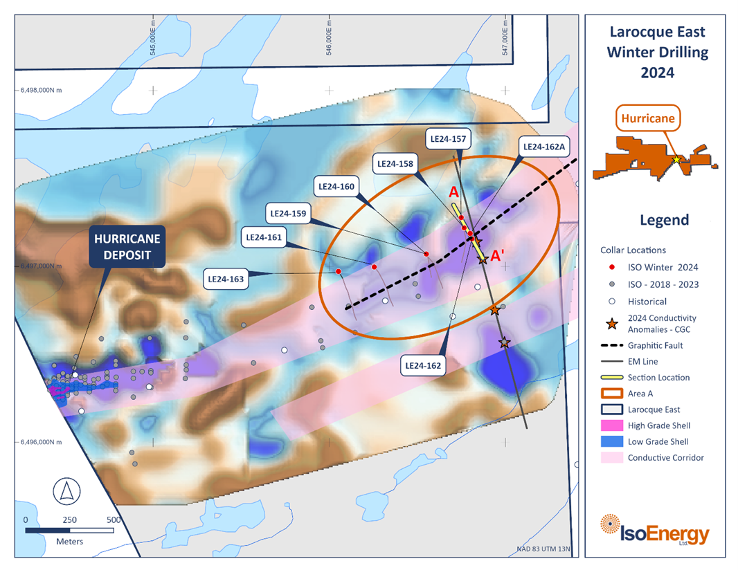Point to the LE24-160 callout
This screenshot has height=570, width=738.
[336, 186]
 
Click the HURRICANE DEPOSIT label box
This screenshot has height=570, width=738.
[127, 248]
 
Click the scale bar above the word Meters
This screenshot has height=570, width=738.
[70, 531]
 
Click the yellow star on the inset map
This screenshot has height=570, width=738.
[676, 160]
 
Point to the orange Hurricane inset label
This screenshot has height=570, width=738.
[647, 118]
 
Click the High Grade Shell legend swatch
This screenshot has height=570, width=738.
[611, 425]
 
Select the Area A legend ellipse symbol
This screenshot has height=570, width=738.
[611, 394]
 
